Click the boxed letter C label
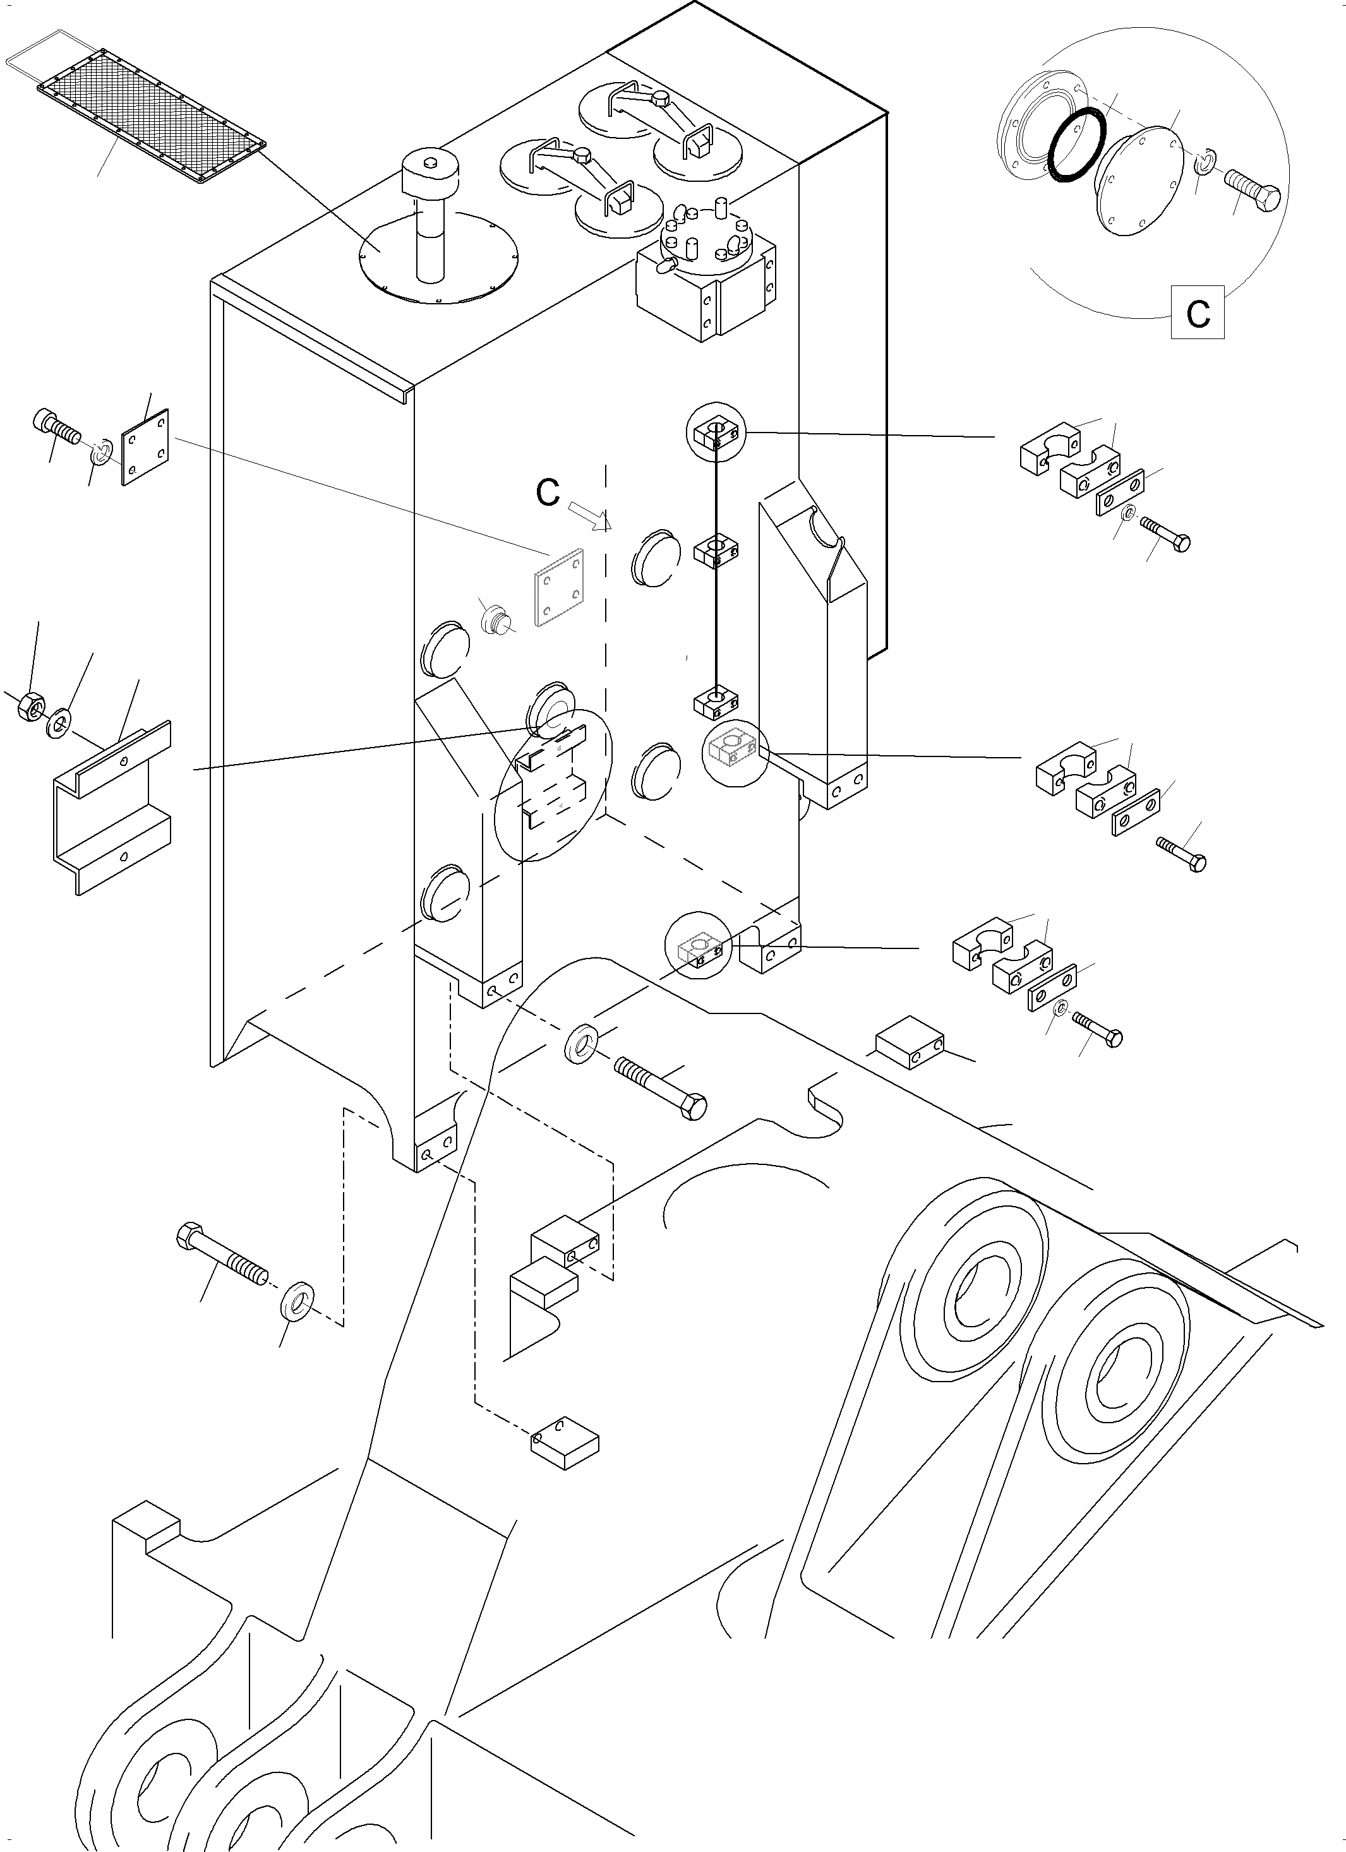pos(1198,312)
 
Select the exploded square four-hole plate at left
pos(145,448)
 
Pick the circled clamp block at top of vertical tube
pos(716,433)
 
